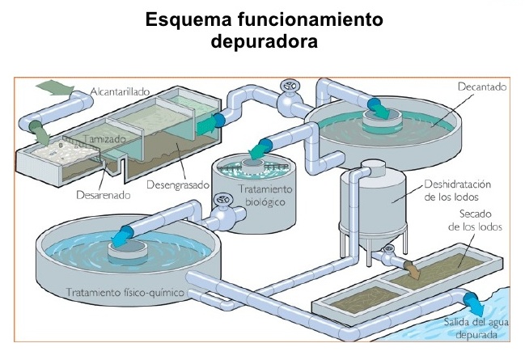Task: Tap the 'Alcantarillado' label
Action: (120, 91)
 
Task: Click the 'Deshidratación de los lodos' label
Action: (462, 190)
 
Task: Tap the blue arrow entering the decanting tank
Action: (377, 104)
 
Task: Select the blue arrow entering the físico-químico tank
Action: (124, 235)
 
